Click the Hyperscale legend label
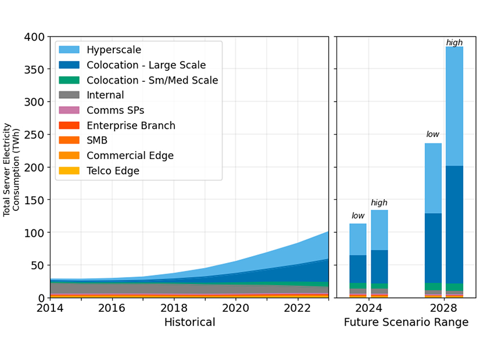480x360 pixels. click(x=113, y=50)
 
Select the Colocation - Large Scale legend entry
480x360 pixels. click(x=146, y=65)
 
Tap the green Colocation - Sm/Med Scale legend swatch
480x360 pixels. click(x=70, y=80)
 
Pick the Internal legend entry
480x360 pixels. click(x=105, y=95)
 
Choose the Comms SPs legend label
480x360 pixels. click(x=115, y=110)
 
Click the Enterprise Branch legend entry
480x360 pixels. click(x=131, y=125)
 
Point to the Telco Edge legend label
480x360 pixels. click(x=113, y=171)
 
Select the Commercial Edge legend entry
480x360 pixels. click(x=130, y=156)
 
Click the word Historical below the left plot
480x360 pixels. click(x=189, y=322)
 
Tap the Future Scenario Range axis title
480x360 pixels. click(x=406, y=322)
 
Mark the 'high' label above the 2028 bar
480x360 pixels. click(x=454, y=42)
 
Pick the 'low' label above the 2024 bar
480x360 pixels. click(x=357, y=216)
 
